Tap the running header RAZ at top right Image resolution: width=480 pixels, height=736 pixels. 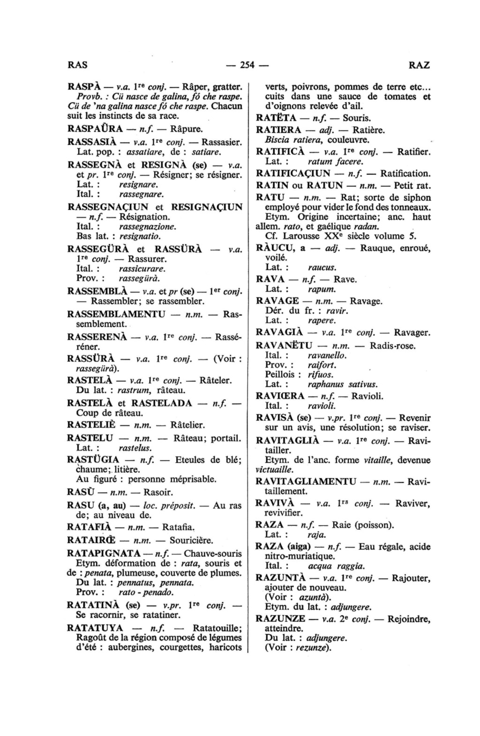(419, 65)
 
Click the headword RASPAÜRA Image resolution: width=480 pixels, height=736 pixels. (96, 128)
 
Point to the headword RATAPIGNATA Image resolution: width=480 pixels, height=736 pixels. (104, 553)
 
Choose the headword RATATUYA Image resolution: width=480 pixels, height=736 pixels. (96, 628)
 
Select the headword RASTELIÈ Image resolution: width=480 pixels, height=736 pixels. (90, 425)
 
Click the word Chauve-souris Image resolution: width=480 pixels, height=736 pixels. (213, 553)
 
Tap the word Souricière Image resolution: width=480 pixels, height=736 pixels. (191, 540)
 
